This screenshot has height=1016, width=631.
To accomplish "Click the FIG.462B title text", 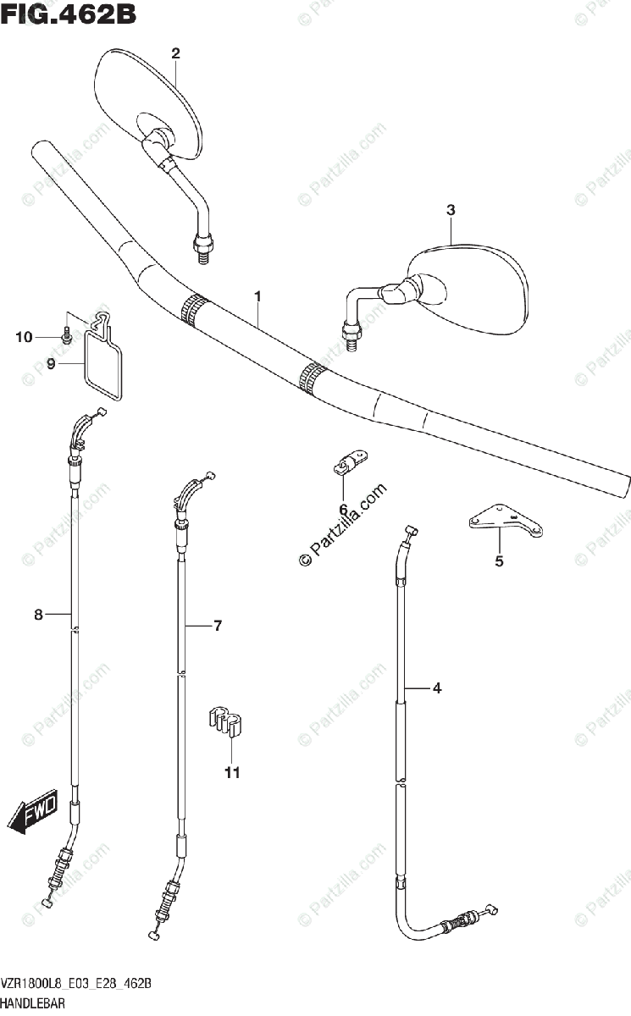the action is [69, 14].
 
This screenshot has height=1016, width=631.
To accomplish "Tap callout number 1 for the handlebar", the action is [257, 296].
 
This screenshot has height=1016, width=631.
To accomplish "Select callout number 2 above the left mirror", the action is [175, 53].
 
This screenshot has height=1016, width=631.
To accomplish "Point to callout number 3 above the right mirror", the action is [451, 209].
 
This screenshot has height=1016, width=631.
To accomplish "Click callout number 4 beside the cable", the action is [437, 688].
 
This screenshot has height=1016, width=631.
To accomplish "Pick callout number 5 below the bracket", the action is [499, 560].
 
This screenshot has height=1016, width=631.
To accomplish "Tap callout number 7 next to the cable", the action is [218, 626].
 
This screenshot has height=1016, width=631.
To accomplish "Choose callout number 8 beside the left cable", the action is [38, 616].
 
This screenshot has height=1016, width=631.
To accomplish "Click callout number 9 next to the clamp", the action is [51, 364].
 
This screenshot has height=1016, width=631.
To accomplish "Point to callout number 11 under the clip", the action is [232, 771].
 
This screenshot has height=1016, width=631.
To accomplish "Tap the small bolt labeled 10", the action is [66, 336].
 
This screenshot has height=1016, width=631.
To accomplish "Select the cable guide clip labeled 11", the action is [224, 721].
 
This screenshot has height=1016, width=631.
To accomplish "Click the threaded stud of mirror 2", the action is [203, 247].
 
